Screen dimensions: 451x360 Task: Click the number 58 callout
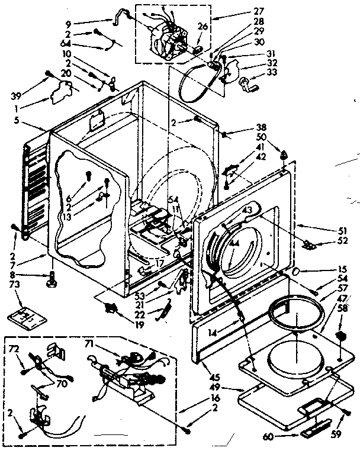coord(343,308)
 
